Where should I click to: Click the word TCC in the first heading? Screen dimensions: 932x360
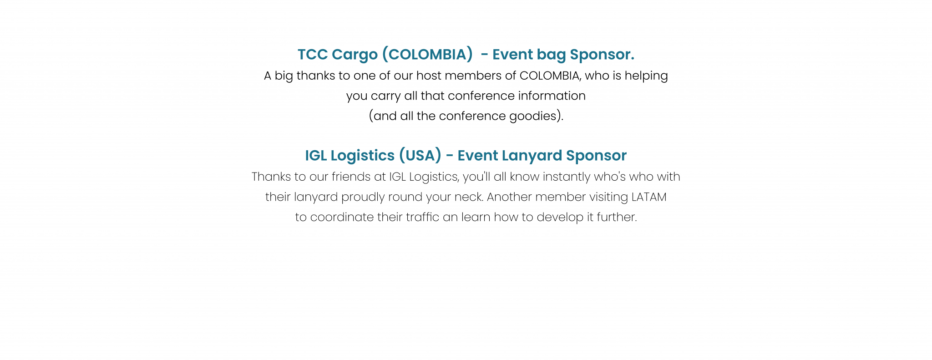pos(313,55)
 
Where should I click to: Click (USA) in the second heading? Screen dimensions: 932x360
pos(420,156)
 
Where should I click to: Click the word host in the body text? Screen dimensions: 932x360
pos(429,76)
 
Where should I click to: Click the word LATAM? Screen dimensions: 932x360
pos(649,197)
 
